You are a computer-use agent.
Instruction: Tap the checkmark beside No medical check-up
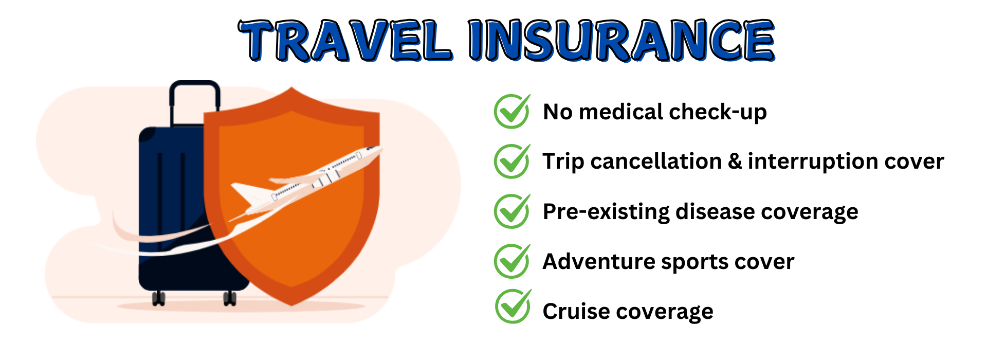[512, 111]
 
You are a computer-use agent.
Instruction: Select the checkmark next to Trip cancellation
[512, 161]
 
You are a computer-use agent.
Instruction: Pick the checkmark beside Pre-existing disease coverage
[512, 211]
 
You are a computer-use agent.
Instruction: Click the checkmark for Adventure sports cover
[512, 261]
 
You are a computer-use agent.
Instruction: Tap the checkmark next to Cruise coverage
[513, 306]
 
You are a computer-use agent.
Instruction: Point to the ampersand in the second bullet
[735, 161]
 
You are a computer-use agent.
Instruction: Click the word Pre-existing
[606, 212]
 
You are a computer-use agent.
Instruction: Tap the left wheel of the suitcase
[159, 298]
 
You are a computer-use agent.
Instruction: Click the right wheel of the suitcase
[230, 298]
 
